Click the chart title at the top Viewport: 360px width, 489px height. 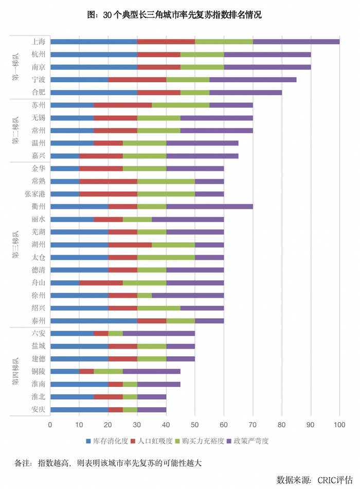(179, 15)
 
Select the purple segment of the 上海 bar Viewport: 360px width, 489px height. (296, 41)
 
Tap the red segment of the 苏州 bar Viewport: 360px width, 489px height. (122, 105)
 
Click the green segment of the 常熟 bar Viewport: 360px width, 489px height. (166, 181)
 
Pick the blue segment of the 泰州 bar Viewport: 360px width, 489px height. (94, 321)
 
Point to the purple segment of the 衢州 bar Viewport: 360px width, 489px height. (209, 206)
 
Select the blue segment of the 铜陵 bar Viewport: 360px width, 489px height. (65, 372)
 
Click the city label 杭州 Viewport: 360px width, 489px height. (38, 54)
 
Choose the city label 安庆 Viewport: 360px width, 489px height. (38, 410)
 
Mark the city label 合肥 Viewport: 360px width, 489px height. (38, 92)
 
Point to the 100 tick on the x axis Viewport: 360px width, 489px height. (339, 425)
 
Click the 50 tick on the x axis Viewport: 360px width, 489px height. (195, 425)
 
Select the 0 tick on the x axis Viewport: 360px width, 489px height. (50, 425)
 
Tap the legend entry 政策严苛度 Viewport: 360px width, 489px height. (251, 441)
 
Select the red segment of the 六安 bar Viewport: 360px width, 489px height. (101, 334)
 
